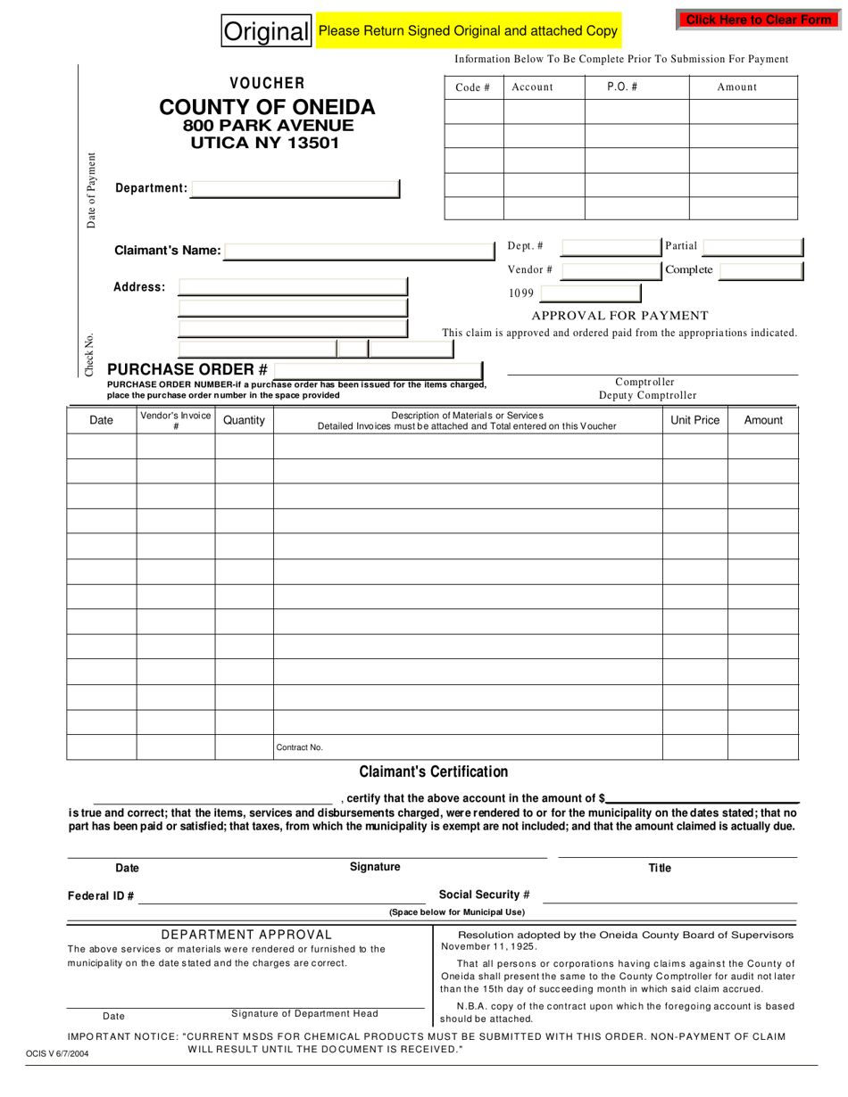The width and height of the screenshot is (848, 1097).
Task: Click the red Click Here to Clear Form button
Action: coord(758,20)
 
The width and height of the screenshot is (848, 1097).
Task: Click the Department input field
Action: coord(295,189)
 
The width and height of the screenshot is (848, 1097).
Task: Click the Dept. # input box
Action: coord(600,246)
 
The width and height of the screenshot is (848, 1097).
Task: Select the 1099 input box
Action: coord(590,293)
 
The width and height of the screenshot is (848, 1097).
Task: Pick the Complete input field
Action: coord(761,270)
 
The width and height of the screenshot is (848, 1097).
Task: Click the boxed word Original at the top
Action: coord(266,32)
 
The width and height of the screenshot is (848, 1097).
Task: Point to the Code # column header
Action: coord(473,87)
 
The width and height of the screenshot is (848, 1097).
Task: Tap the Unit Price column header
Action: coord(694,420)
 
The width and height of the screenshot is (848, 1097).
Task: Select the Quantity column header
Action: coord(244,420)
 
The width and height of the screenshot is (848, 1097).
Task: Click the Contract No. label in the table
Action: coord(299,747)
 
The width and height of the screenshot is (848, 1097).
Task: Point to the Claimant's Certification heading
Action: coord(433,771)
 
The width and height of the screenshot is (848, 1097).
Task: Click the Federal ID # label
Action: coord(101,896)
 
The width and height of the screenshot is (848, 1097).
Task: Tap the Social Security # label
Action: coord(484,895)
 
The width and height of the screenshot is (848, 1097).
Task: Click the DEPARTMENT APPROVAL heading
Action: coord(246,935)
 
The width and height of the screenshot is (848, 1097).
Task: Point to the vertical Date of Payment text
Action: coord(91,190)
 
